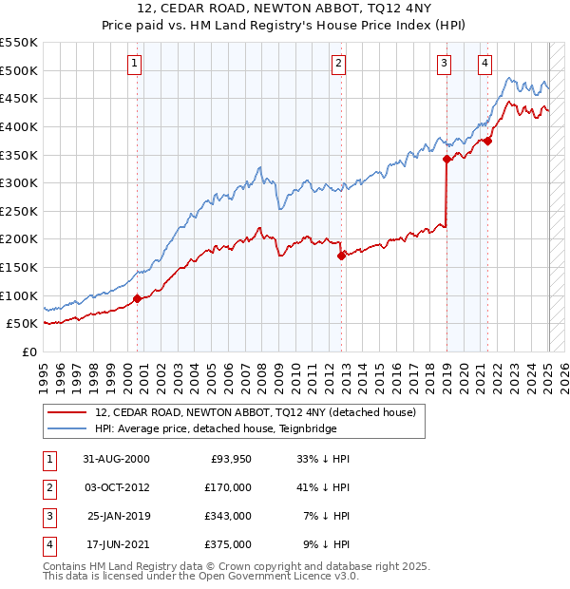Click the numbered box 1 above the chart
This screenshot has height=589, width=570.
[135, 64]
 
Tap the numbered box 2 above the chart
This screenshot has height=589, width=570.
[338, 64]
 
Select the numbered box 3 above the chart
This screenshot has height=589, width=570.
[444, 64]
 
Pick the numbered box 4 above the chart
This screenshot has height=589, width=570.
[484, 64]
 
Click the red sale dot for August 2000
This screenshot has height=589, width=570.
[138, 298]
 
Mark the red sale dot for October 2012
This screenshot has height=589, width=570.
[342, 256]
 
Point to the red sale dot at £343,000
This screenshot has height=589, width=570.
[446, 159]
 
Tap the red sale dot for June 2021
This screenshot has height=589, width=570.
[487, 141]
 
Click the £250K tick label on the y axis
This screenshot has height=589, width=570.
[19, 211]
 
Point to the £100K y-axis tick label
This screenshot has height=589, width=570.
[19, 295]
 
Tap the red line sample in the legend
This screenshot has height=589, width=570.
[68, 413]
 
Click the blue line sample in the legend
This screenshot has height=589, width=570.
[68, 427]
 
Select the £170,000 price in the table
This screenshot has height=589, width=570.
[229, 487]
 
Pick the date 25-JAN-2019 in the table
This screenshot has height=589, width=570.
[118, 516]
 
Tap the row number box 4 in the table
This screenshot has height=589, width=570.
[47, 544]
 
